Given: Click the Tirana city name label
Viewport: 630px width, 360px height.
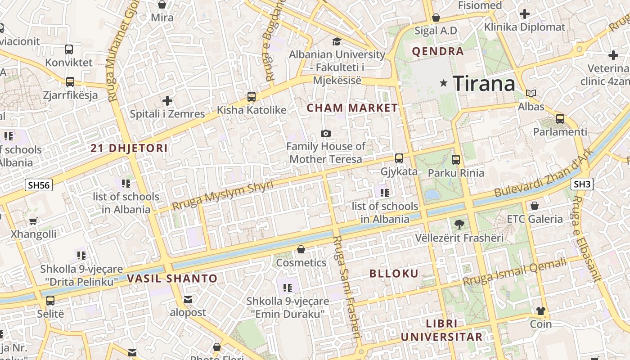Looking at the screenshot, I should pos(484,84).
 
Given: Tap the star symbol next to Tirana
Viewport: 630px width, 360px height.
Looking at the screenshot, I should pos(444,83).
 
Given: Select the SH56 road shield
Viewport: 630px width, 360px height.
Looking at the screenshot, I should pos(39,185).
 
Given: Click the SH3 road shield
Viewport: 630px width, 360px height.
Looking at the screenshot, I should pos(582,184).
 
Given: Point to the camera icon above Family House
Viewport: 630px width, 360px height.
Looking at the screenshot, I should pos(325,133).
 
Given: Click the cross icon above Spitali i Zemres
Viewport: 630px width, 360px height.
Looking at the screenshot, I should pos(167,101).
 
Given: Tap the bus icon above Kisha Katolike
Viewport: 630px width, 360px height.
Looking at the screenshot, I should pos(252,97).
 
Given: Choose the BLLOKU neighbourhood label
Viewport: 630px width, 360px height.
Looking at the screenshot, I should pos(394,274).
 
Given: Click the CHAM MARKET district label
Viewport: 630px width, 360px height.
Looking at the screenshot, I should pos(352,108).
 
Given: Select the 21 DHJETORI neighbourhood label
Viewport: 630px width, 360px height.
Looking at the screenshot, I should pos(129,148).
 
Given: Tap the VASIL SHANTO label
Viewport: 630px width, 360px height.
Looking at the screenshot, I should pos(172,279).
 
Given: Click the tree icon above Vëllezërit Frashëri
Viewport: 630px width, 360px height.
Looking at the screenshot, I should pos(459,224).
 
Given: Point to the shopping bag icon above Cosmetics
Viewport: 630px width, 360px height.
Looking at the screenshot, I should pos(301,249).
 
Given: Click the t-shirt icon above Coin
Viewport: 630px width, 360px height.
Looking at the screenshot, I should pos(541,311).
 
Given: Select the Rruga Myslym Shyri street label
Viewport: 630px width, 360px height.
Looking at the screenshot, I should pos(223,195).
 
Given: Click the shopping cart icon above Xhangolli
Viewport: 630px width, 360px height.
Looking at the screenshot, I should pos(33,221).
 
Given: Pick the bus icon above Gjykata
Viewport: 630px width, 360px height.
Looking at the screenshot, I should pos(399,158).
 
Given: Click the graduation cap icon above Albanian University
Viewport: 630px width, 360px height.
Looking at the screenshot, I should pos(337,42).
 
